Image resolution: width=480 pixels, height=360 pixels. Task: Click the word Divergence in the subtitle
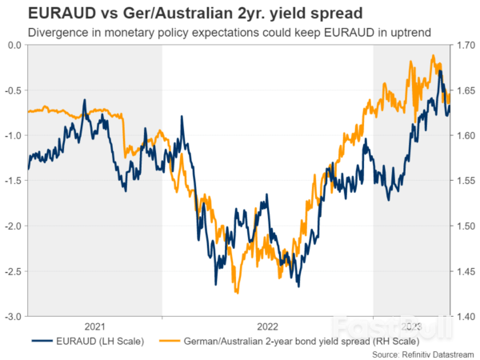56,33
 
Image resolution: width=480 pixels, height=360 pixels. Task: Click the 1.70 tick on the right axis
465,46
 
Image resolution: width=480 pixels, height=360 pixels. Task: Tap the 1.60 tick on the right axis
465,136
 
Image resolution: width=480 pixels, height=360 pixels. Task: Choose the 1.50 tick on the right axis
465,226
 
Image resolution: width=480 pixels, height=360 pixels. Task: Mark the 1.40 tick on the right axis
465,317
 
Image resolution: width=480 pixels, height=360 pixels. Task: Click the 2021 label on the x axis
94,326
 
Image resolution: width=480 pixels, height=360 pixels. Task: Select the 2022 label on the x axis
267,326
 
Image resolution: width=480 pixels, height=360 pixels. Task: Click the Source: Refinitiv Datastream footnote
422,354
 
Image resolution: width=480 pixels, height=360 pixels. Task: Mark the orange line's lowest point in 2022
237,293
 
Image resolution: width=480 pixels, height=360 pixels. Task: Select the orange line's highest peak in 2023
433,56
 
